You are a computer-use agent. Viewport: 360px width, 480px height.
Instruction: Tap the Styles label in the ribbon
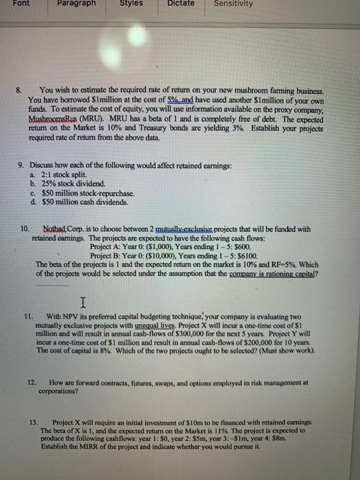[130, 3]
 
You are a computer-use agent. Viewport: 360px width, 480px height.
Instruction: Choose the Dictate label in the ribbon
[181, 3]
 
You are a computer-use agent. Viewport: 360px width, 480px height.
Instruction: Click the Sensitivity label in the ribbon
[232, 3]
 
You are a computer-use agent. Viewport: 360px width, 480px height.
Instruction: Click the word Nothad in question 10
[56, 228]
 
